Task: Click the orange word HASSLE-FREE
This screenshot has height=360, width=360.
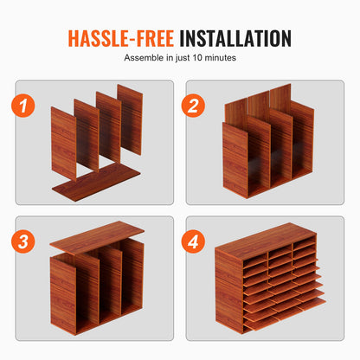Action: click(121, 38)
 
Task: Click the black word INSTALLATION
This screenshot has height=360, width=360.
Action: click(235, 38)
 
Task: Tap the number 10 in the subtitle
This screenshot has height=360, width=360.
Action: click(197, 58)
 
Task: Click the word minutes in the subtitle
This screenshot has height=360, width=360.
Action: click(221, 58)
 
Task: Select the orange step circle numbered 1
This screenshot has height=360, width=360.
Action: click(23, 106)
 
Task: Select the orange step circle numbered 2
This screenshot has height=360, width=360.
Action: click(193, 106)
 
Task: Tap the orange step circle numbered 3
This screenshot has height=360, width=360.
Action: click(23, 241)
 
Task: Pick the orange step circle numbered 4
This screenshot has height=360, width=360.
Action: click(193, 241)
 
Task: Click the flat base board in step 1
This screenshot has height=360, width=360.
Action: click(96, 183)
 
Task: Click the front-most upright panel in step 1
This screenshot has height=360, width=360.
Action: click(64, 144)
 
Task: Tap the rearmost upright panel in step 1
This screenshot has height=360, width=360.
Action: click(130, 119)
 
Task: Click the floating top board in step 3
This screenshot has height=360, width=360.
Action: click(97, 237)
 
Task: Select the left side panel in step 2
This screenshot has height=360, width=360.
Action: click(235, 160)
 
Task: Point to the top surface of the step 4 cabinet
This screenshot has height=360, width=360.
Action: click(266, 241)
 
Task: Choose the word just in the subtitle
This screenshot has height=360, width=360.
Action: click(183, 58)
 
